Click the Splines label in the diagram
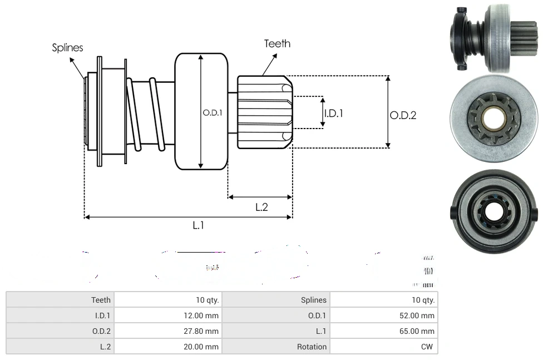coord(67,48)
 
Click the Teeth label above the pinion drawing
coord(277,43)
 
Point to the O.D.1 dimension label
coord(213,112)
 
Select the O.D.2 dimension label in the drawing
coord(403,115)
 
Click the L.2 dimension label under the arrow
coord(261,207)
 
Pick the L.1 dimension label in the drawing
coord(199,225)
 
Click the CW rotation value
coord(428,347)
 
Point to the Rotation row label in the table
coord(312,347)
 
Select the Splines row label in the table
coord(314,300)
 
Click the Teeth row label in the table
coord(101,300)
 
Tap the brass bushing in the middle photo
coord(493,117)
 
